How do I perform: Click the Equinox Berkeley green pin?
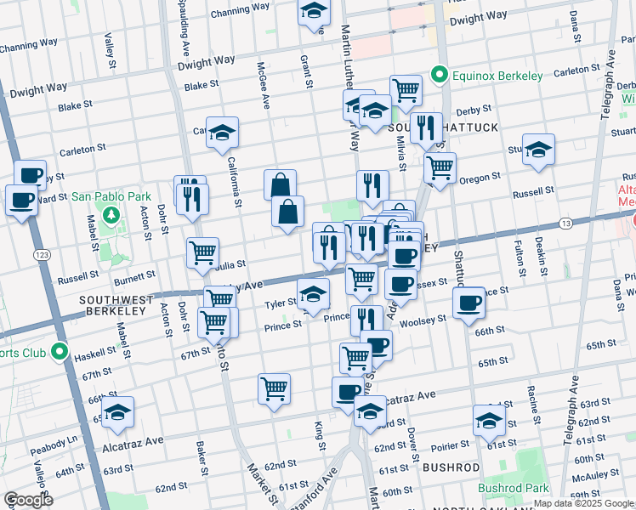click(x=440, y=75)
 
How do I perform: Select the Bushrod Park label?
click(x=513, y=489)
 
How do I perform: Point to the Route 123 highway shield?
click(x=40, y=254)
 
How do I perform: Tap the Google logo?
click(x=28, y=500)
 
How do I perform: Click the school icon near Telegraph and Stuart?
click(x=538, y=150)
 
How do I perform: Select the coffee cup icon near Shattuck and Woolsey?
click(x=468, y=303)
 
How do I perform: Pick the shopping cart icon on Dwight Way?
click(x=406, y=89)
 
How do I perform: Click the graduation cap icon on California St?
click(x=222, y=133)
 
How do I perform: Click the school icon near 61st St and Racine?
click(x=489, y=421)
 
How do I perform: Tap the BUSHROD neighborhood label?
click(x=451, y=467)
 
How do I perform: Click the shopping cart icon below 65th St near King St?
click(x=274, y=388)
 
